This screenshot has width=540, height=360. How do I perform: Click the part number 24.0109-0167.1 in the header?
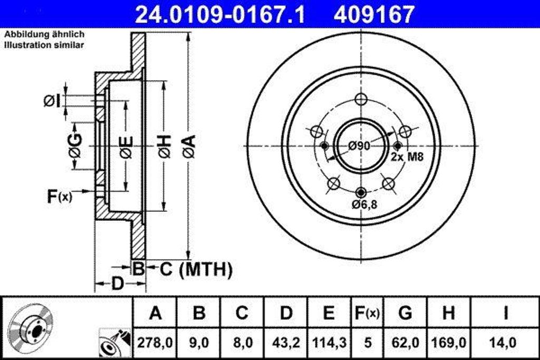tap(220, 14)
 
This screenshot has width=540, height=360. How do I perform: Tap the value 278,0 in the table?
tap(155, 343)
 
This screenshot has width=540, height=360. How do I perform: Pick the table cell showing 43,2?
tap(285, 343)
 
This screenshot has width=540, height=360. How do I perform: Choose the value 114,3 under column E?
tap(329, 343)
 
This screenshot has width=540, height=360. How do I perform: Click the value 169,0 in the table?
tap(448, 343)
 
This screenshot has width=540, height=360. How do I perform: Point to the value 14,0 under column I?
tap(505, 343)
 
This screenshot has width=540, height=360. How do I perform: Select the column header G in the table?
tap(404, 313)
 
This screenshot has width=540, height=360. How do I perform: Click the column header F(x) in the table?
tap(366, 313)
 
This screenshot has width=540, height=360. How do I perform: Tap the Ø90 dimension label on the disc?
tap(360, 146)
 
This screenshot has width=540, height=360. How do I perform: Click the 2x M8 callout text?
tap(407, 157)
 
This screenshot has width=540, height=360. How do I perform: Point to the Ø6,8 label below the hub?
tap(363, 205)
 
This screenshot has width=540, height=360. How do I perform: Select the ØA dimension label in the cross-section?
tap(188, 146)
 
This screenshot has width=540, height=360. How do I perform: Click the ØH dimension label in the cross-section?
tap(164, 146)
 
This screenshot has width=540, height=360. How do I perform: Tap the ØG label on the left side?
tap(75, 146)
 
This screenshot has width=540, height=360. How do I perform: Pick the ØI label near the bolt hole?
tap(51, 100)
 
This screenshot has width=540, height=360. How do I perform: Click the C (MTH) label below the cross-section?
tap(196, 270)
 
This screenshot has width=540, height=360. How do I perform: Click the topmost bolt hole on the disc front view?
tap(361, 99)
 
